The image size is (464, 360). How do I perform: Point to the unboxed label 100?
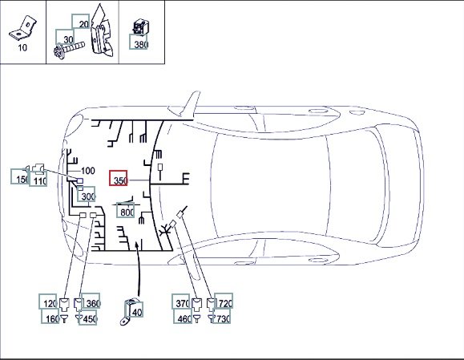[88, 171]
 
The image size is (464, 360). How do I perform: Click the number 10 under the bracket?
[22, 47]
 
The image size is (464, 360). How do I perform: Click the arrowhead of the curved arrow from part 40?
[137, 245]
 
